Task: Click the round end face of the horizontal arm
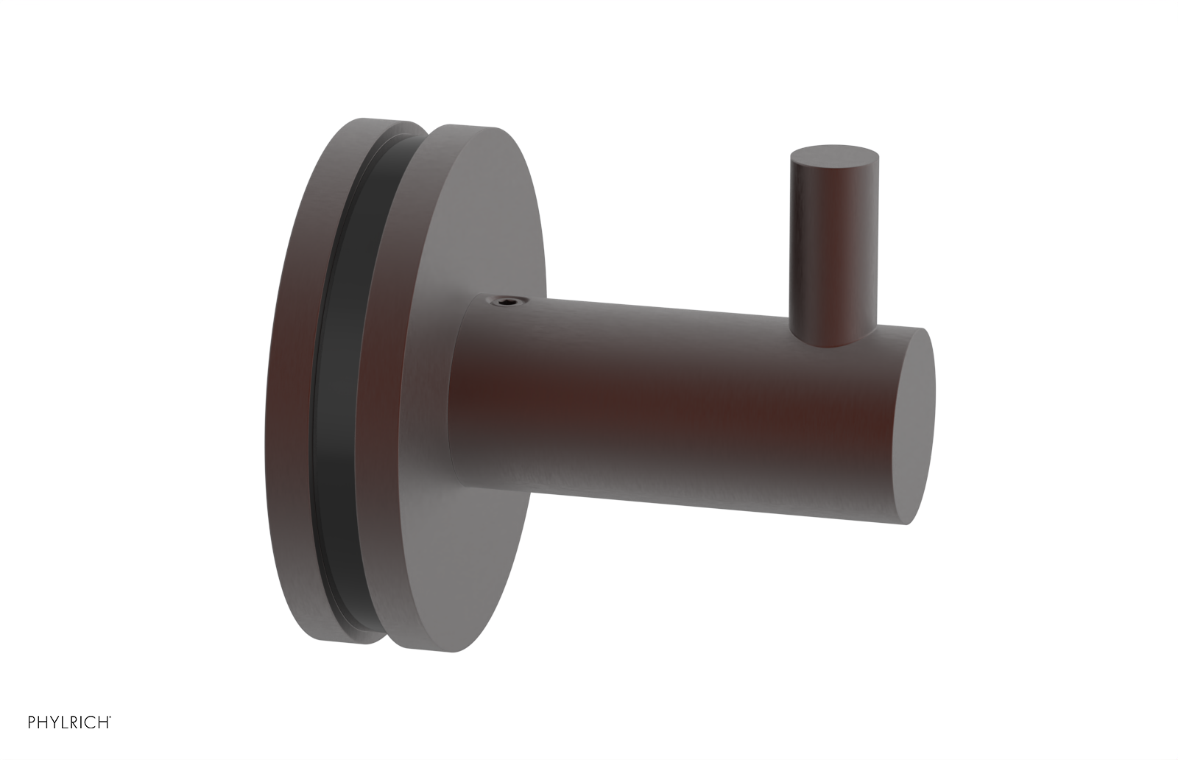click(920, 427)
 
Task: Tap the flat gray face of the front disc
click(501, 221)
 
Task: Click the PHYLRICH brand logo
click(69, 742)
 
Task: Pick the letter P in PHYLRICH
click(32, 742)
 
